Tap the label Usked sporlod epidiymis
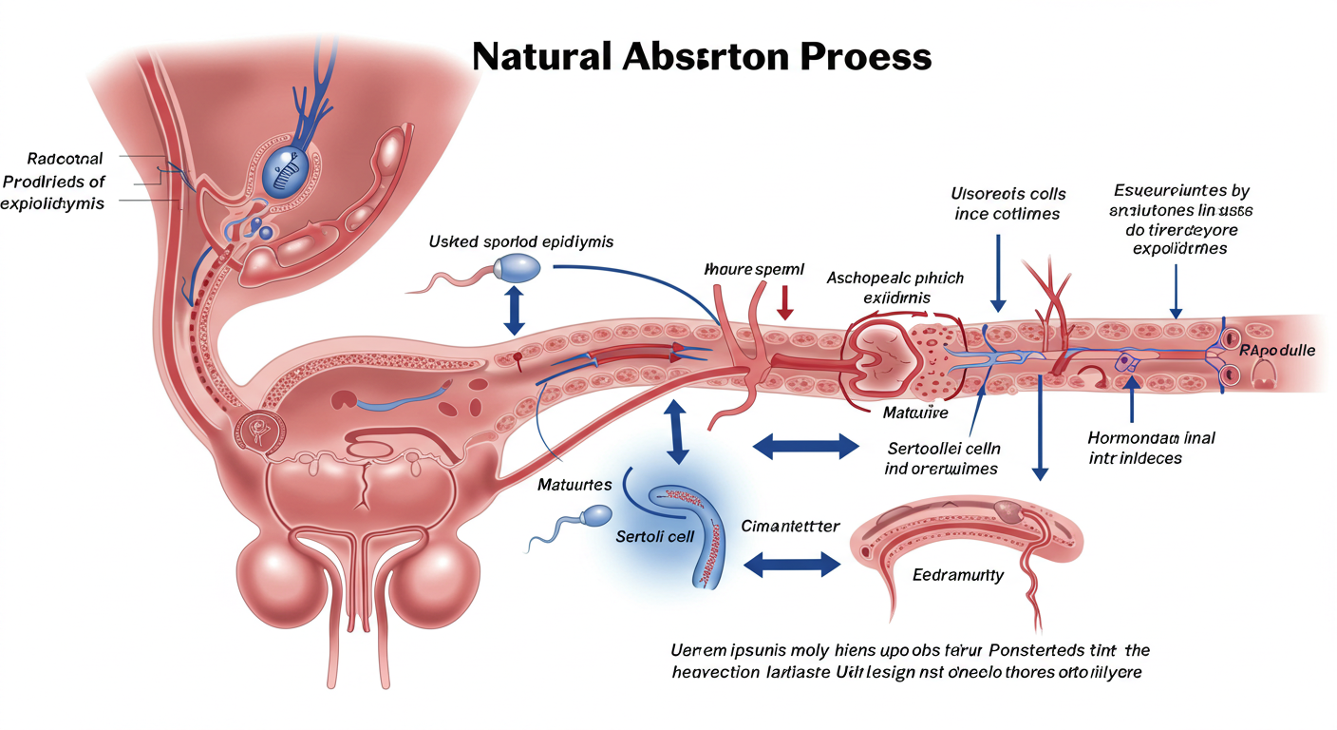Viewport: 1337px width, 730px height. pos(521,241)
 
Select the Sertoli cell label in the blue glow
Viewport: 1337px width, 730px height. pos(655,536)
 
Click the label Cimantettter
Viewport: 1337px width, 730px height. pos(789,526)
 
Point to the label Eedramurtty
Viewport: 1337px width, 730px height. pos(958,575)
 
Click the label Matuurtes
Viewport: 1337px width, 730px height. pos(574,485)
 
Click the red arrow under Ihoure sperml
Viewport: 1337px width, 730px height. pos(784,302)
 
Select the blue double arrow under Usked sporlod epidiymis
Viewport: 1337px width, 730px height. pos(514,311)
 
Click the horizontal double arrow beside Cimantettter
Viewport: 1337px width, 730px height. pos(791,566)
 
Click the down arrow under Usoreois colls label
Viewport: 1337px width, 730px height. pos(997,277)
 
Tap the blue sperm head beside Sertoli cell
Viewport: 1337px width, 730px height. pos(596,516)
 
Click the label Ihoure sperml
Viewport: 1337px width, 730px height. pos(755,270)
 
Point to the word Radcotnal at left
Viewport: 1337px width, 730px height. pos(66,159)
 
